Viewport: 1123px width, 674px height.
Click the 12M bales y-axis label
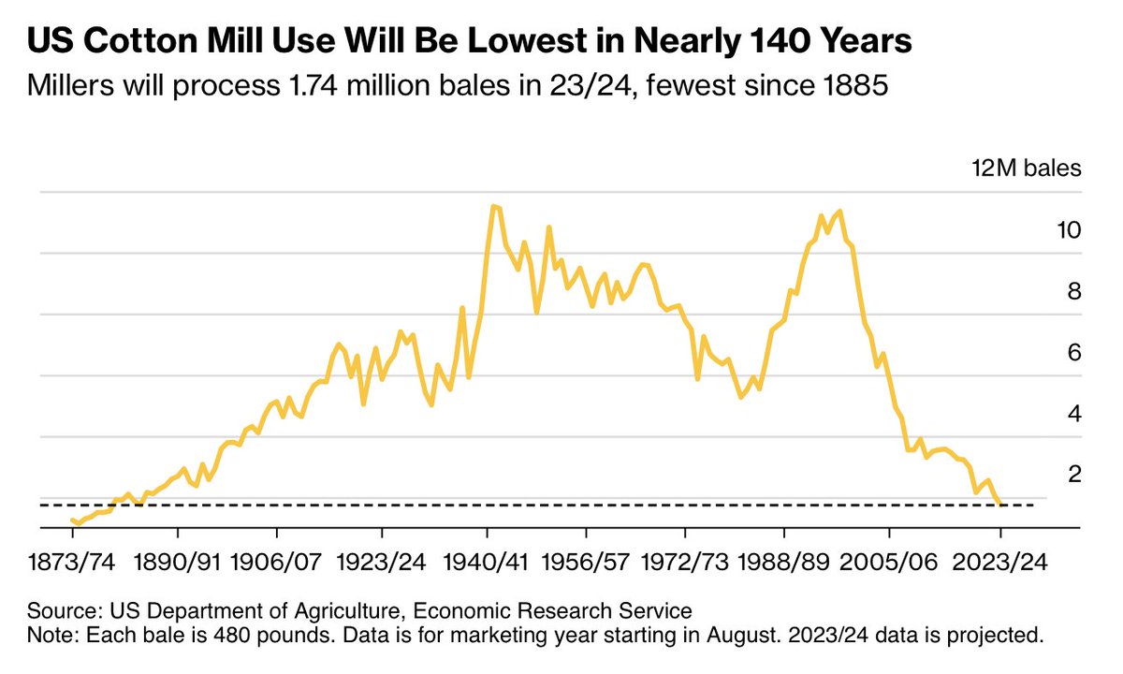pyautogui.click(x=1038, y=169)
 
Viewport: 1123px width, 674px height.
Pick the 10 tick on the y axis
pyautogui.click(x=1070, y=230)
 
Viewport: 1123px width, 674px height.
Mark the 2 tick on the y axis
pyautogui.click(x=1075, y=475)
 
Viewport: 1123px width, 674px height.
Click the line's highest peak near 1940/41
pyautogui.click(x=493, y=206)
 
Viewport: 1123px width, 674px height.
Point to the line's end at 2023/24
pyautogui.click(x=1000, y=504)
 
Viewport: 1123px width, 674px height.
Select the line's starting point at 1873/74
pyautogui.click(x=72, y=520)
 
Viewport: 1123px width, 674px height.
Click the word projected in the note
pyautogui.click(x=994, y=636)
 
